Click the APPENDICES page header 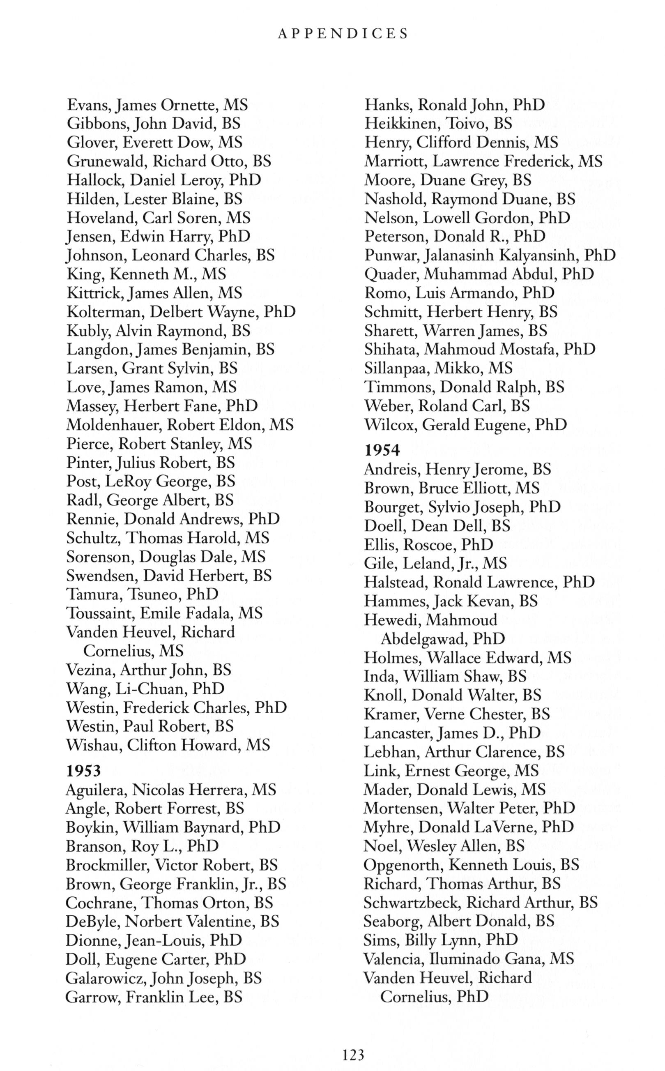click(x=343, y=34)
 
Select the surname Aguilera click(x=96, y=790)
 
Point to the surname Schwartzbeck click(x=412, y=903)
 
